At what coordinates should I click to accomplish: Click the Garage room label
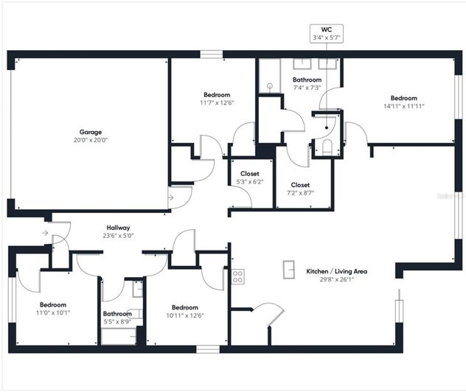point(90,132)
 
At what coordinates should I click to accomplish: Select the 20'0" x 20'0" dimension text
point(90,140)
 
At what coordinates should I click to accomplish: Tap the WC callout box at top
point(325,32)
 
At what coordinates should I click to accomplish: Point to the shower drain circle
point(270,86)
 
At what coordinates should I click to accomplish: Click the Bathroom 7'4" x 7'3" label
point(307,83)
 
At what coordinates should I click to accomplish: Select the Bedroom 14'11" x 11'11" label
point(403,102)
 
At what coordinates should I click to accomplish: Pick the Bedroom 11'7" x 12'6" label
point(217,99)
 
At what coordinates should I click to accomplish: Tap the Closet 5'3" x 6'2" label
point(250,178)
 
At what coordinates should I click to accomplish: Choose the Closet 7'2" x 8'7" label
point(300,189)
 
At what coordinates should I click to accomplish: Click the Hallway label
point(118,231)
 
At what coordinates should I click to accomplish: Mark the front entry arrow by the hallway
point(46,234)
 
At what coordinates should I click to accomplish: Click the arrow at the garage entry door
point(171,197)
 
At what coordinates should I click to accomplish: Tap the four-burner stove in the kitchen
point(238,277)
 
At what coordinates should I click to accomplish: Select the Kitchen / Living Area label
point(336,275)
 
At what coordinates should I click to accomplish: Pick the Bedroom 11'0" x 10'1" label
point(52,308)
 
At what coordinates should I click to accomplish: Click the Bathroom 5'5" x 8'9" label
point(117,318)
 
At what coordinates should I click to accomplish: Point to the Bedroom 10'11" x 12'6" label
point(184,312)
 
